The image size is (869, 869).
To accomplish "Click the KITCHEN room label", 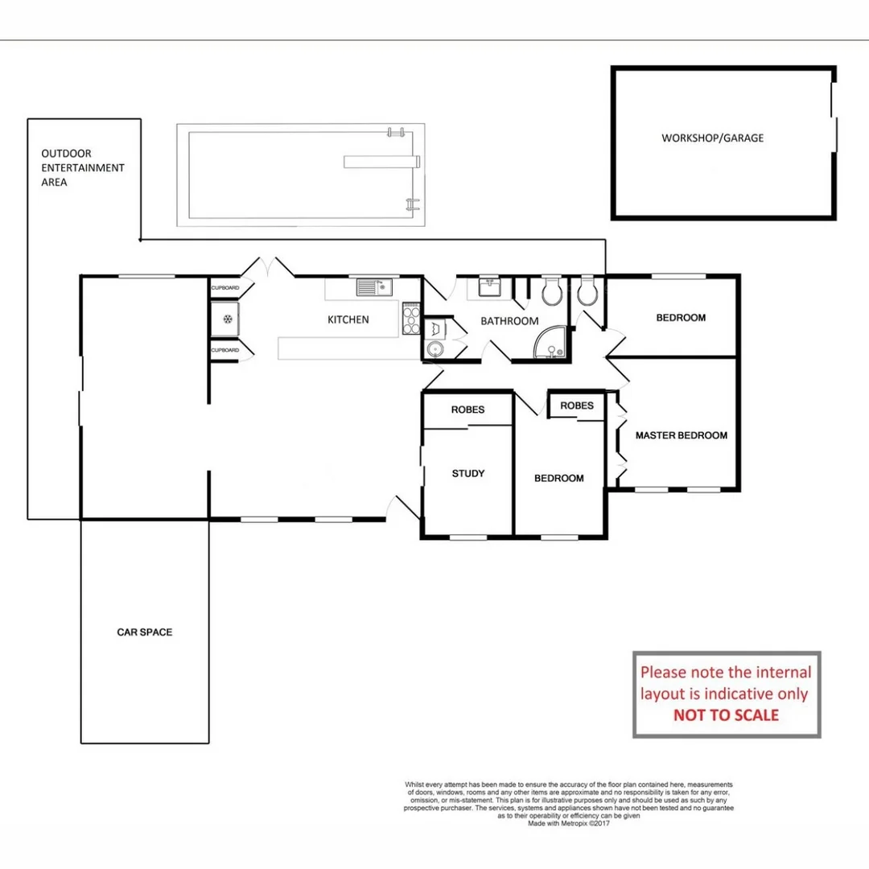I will click(x=348, y=319).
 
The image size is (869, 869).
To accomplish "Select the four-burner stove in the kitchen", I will click(x=410, y=319).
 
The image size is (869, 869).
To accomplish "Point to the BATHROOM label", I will click(x=509, y=321).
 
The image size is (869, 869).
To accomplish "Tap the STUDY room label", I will click(x=467, y=473).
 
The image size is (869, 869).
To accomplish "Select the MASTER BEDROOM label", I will click(x=681, y=435).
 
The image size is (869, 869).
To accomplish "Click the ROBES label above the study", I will click(x=467, y=410).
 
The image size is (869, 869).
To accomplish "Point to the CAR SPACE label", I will click(x=145, y=632).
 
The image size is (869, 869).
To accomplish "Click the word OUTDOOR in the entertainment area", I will click(x=66, y=153).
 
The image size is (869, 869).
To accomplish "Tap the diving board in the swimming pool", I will click(x=381, y=162).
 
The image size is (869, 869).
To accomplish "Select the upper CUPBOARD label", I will click(x=224, y=287).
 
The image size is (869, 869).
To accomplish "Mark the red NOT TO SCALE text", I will click(x=726, y=714).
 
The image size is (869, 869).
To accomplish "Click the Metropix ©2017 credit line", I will click(x=568, y=823).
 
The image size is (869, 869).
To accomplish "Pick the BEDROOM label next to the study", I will click(x=559, y=478).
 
